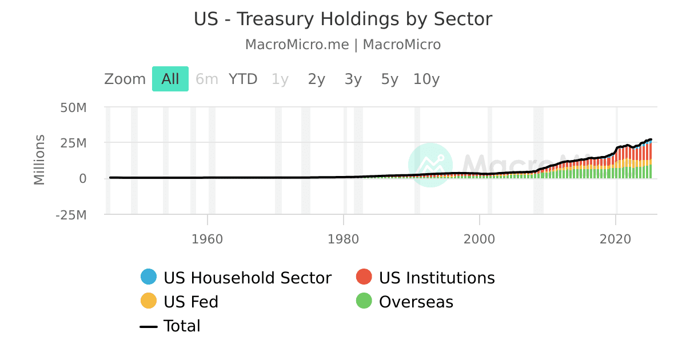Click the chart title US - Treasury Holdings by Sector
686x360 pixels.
pos(343,19)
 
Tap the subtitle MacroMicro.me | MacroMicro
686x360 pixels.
pos(343,45)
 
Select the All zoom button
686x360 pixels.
pos(170,79)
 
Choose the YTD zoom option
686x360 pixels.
pos(243,79)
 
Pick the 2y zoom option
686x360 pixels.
pos(316,79)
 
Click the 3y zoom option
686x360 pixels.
pos(353,79)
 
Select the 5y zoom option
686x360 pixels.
pos(389,79)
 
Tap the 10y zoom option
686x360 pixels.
pos(426,79)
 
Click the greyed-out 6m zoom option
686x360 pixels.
pos(207,79)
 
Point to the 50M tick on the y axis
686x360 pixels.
pos(74,107)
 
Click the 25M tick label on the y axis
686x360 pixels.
pos(74,143)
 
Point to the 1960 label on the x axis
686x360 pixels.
pos(208,239)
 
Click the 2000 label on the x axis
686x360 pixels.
pos(480,239)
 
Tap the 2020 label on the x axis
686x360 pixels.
pos(616,239)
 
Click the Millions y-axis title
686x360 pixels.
pos(39,159)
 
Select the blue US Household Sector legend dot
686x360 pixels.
pos(149,277)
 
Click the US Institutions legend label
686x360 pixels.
pos(437,278)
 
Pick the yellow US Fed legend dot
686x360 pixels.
pos(149,301)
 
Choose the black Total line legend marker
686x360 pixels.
pos(149,326)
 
